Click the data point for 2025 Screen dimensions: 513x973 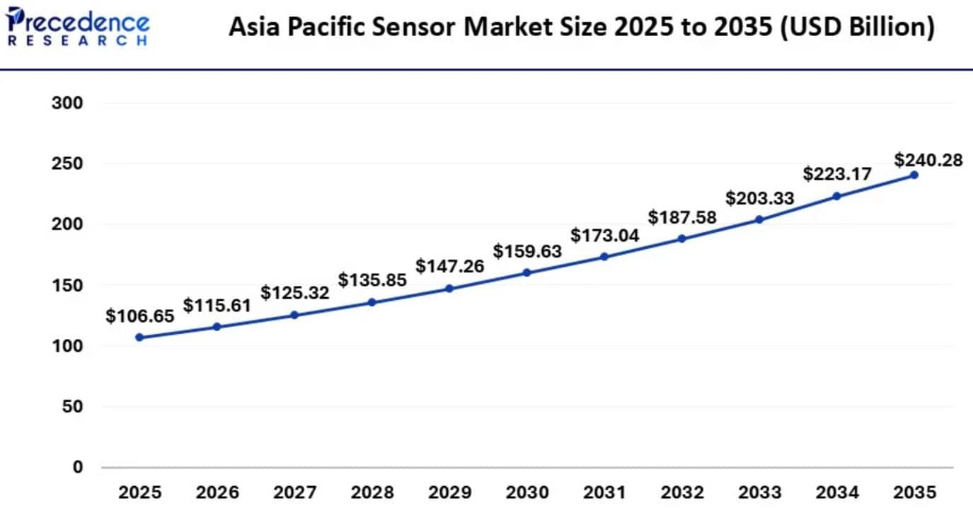(x=139, y=338)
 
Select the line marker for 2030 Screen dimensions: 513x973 (x=527, y=272)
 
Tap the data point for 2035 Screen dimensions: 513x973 (x=914, y=175)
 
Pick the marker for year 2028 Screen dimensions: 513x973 (x=372, y=303)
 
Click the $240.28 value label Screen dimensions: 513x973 (x=928, y=160)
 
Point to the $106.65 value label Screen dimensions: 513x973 (x=139, y=316)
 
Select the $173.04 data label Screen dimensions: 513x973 (x=605, y=236)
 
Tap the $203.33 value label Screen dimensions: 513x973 (x=760, y=198)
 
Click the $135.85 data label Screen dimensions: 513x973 (x=372, y=280)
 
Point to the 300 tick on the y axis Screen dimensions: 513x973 (x=68, y=103)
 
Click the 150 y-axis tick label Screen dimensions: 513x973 (x=68, y=285)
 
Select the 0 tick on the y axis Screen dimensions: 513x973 (x=78, y=467)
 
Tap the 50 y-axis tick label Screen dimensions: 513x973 (x=73, y=407)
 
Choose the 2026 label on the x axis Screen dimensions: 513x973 (x=217, y=492)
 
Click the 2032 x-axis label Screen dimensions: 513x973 (x=682, y=492)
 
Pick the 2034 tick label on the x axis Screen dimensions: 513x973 (x=837, y=492)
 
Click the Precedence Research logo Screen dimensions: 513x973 (x=77, y=28)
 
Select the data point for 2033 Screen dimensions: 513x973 (x=759, y=219)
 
